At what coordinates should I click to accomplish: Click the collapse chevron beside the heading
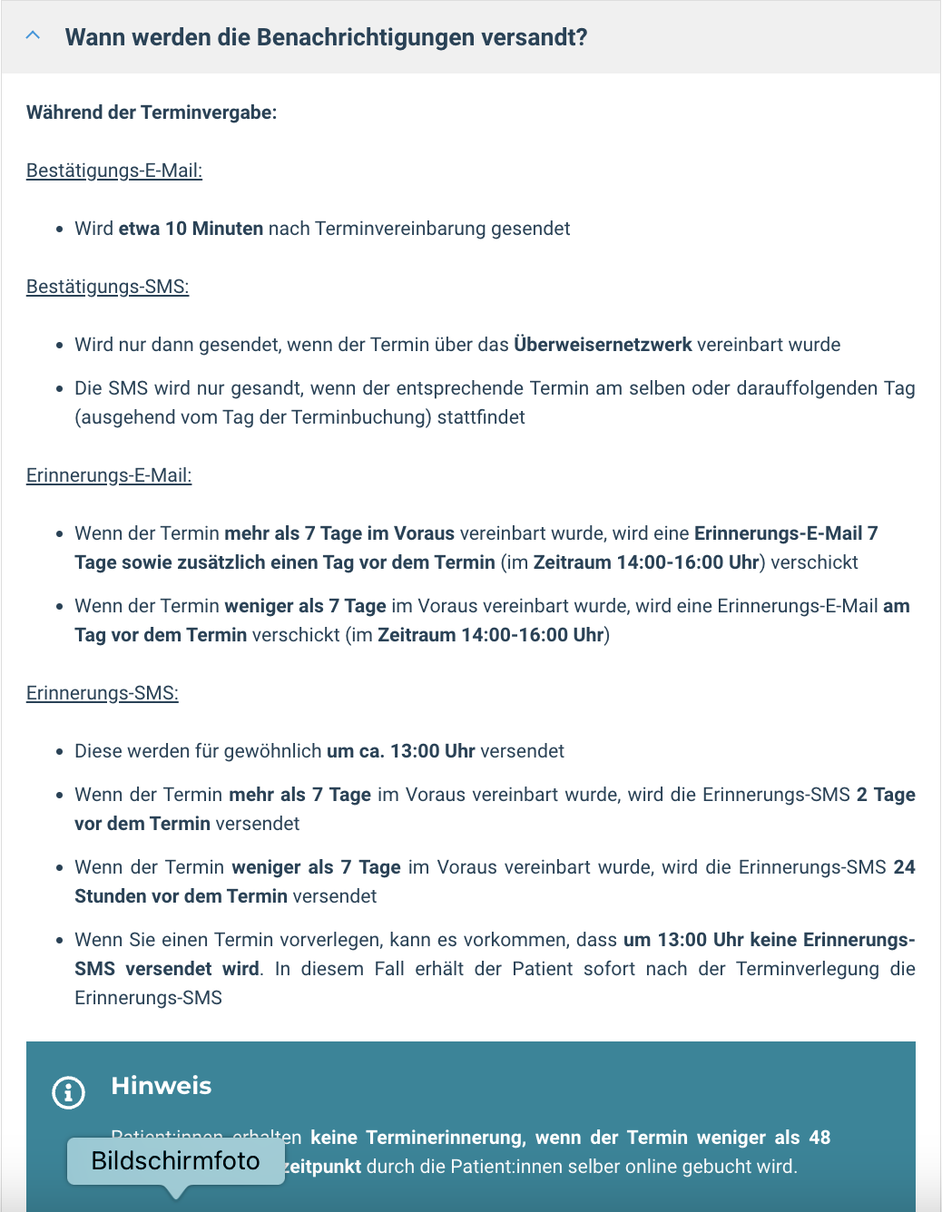tap(34, 36)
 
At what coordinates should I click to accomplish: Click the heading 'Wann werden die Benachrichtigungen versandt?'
tap(326, 37)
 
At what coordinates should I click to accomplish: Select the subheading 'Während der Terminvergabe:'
tap(152, 112)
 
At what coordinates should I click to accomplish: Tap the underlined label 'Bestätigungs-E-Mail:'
tap(114, 171)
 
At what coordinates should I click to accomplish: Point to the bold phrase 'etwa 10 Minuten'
tap(191, 229)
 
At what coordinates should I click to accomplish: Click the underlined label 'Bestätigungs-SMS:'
tap(107, 287)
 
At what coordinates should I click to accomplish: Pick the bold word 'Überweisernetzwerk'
tap(603, 345)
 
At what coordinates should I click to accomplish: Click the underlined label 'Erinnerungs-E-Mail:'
tap(109, 475)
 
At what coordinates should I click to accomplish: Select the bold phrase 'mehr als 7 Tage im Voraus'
tap(339, 533)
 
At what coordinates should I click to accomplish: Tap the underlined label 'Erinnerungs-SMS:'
tap(103, 693)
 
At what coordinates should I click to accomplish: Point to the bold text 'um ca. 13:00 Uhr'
tap(400, 751)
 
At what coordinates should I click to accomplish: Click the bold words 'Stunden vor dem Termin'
tap(181, 896)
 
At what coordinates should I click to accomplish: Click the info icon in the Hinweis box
tap(68, 1092)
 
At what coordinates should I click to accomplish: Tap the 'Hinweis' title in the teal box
tap(162, 1086)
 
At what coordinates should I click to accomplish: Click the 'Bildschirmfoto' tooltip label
tap(175, 1161)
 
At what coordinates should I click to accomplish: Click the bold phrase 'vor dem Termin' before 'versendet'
tap(142, 824)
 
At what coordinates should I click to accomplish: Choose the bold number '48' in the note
tap(819, 1138)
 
